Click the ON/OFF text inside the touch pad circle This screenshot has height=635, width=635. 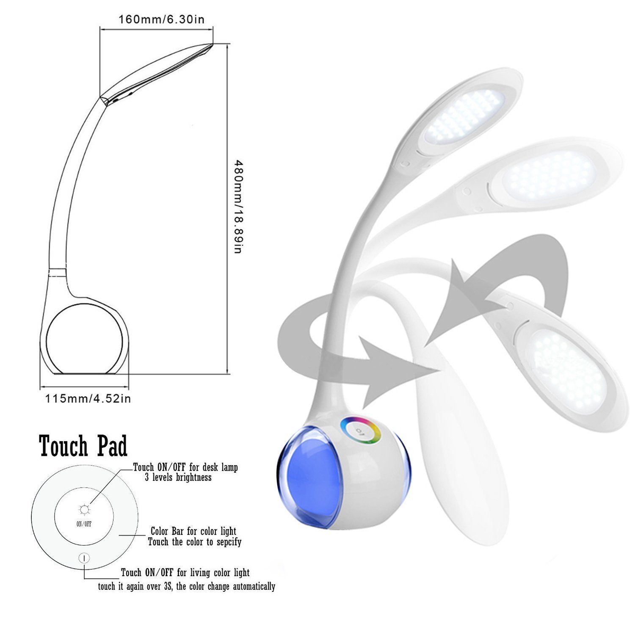(84, 524)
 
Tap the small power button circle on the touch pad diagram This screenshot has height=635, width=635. (84, 558)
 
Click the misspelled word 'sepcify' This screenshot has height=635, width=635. (226, 542)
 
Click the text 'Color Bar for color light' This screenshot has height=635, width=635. (193, 531)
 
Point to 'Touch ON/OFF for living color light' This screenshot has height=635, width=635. (185, 573)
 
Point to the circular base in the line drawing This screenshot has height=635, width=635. (84, 339)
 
